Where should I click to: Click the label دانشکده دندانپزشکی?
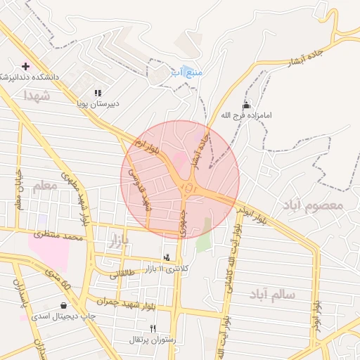click(28, 76)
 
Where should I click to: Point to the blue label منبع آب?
click(186, 72)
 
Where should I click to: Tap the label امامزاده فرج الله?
click(245, 115)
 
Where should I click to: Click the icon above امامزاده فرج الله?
click(245, 105)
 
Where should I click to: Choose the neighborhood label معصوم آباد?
click(312, 205)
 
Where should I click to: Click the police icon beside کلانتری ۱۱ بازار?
click(167, 259)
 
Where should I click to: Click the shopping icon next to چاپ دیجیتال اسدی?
click(65, 306)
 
